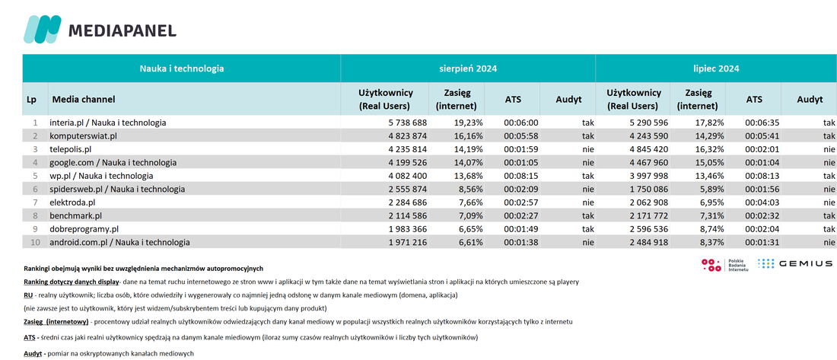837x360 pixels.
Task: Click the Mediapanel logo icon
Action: click(x=42, y=30)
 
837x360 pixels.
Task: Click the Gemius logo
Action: click(x=795, y=263)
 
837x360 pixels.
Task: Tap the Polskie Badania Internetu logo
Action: click(x=725, y=264)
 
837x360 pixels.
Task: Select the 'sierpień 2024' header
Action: click(x=468, y=68)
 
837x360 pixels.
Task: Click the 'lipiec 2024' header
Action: click(x=716, y=68)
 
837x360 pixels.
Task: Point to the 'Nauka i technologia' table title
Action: click(x=182, y=68)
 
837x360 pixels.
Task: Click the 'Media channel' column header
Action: click(x=83, y=99)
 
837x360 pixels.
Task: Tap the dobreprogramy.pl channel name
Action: click(x=84, y=229)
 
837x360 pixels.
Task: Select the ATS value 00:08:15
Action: click(x=521, y=176)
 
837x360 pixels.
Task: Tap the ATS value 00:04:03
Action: click(x=762, y=202)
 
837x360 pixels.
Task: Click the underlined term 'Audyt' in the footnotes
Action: click(x=33, y=354)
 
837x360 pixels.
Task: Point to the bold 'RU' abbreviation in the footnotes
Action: click(x=28, y=295)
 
